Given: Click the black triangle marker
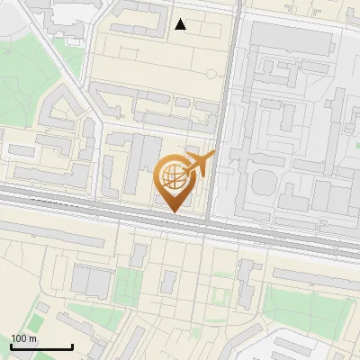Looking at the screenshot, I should [x=181, y=24].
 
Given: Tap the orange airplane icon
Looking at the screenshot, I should [x=197, y=165].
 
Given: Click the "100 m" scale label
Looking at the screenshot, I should [x=24, y=338].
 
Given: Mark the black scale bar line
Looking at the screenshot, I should [x=41, y=346].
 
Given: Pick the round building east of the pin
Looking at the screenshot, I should [x=262, y=183].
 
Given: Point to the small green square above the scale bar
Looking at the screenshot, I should [x=40, y=307].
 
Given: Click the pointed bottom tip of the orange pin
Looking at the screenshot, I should [x=173, y=211].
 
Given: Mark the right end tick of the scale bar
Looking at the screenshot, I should [x=72, y=345].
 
